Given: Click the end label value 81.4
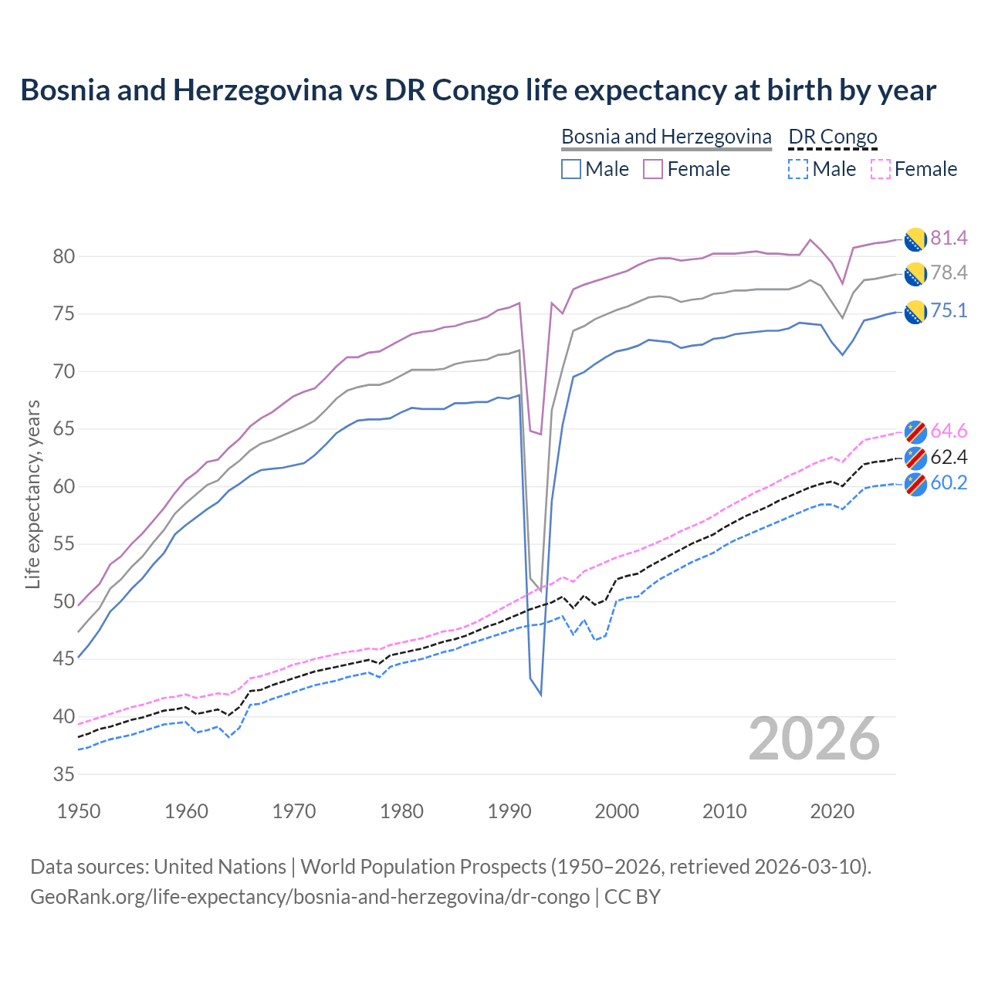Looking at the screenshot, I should tap(949, 238).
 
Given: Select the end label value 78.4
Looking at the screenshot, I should tap(949, 272).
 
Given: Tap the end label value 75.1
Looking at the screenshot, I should tap(949, 310).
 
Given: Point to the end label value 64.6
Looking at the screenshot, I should tap(949, 431).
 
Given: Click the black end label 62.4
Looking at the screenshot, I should tap(949, 457).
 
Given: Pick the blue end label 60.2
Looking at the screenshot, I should tap(949, 483).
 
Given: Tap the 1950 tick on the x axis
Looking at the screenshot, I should tap(79, 811).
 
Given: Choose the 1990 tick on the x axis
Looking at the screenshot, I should tap(509, 811).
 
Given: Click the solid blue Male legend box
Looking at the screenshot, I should tap(571, 169).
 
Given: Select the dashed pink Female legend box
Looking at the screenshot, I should tap(881, 169).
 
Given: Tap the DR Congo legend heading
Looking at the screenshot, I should tap(833, 137).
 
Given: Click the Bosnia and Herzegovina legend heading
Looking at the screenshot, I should tap(666, 137).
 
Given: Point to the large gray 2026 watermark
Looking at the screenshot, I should tap(814, 739).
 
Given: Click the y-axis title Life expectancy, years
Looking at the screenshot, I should tap(32, 494).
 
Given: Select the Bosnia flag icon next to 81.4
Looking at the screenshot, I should tap(915, 239).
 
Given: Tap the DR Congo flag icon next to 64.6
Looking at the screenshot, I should tap(915, 431).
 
